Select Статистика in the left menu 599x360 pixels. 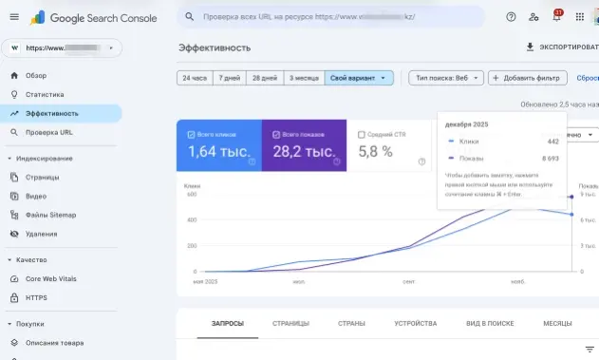pyautogui.click(x=45, y=94)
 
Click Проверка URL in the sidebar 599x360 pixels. pyautogui.click(x=48, y=132)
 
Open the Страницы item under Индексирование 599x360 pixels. pyautogui.click(x=44, y=177)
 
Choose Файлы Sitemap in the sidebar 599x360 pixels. pyautogui.click(x=50, y=215)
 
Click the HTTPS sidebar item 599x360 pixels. pyautogui.click(x=37, y=297)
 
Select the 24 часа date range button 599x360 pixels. pyautogui.click(x=194, y=78)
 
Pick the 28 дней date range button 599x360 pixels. pyautogui.click(x=263, y=78)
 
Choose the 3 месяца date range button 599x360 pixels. pyautogui.click(x=303, y=78)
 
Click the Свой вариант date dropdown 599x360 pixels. pyautogui.click(x=358, y=78)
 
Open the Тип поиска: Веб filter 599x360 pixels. pyautogui.click(x=445, y=78)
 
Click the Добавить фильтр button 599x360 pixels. pyautogui.click(x=527, y=78)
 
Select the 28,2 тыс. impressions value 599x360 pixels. pyautogui.click(x=303, y=151)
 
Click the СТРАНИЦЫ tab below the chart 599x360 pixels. pyautogui.click(x=290, y=323)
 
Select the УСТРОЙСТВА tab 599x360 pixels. pyautogui.click(x=415, y=323)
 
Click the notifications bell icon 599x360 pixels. pyautogui.click(x=556, y=17)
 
